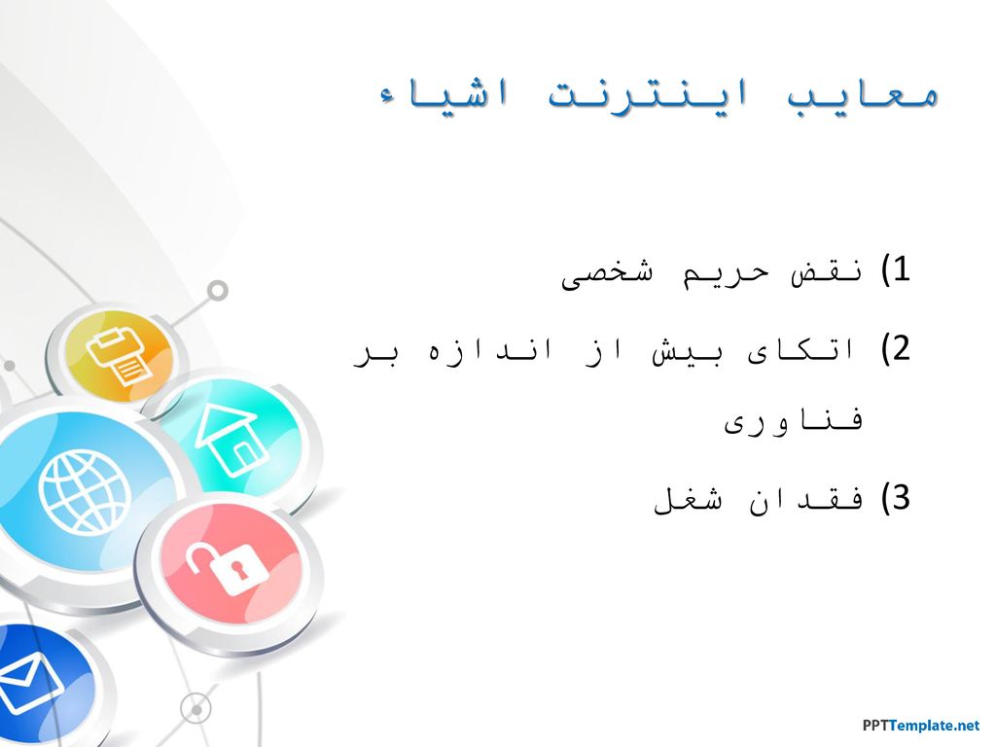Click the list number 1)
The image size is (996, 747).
pos(896,270)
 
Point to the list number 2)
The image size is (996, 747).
pos(896,349)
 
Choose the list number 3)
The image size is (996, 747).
pos(896,498)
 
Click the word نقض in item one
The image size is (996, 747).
pos(827,273)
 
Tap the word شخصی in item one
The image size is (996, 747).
pos(607,274)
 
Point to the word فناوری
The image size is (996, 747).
pos(794,422)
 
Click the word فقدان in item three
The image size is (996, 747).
pos(806,500)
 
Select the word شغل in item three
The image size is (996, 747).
pos(689,500)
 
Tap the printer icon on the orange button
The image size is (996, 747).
pos(120,357)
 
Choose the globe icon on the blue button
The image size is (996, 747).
pos(84,491)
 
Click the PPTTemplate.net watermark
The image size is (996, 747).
pos(921,726)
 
